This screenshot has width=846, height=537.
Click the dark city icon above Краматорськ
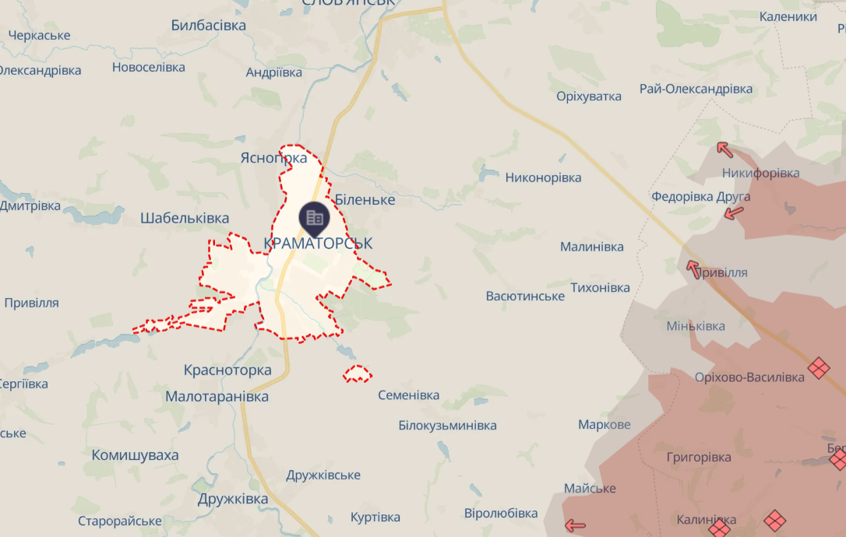pyautogui.click(x=315, y=217)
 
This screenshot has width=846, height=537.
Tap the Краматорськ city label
pyautogui.click(x=318, y=244)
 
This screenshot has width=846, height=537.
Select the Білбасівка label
pyautogui.click(x=208, y=26)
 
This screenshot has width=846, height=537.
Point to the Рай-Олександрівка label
pyautogui.click(x=696, y=89)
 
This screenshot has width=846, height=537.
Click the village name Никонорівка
pyautogui.click(x=543, y=177)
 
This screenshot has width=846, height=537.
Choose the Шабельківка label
pyautogui.click(x=185, y=218)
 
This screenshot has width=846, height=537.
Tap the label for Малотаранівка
pyautogui.click(x=217, y=397)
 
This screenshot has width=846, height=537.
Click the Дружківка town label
pyautogui.click(x=233, y=500)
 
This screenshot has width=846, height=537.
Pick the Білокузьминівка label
pyautogui.click(x=447, y=426)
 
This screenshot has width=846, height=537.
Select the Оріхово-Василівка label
pyautogui.click(x=749, y=377)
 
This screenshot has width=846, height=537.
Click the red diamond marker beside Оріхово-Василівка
pyautogui.click(x=818, y=367)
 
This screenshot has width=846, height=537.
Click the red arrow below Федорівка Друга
pyautogui.click(x=732, y=212)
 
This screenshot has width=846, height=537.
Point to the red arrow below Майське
pyautogui.click(x=575, y=525)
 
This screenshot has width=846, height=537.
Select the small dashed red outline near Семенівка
pyautogui.click(x=358, y=374)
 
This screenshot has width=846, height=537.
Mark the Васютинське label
pyautogui.click(x=524, y=297)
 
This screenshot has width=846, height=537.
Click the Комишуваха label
pyautogui.click(x=135, y=455)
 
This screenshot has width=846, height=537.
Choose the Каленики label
pyautogui.click(x=788, y=16)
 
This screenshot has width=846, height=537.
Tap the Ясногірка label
pyautogui.click(x=273, y=158)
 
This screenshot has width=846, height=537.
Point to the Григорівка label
pyautogui.click(x=699, y=457)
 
